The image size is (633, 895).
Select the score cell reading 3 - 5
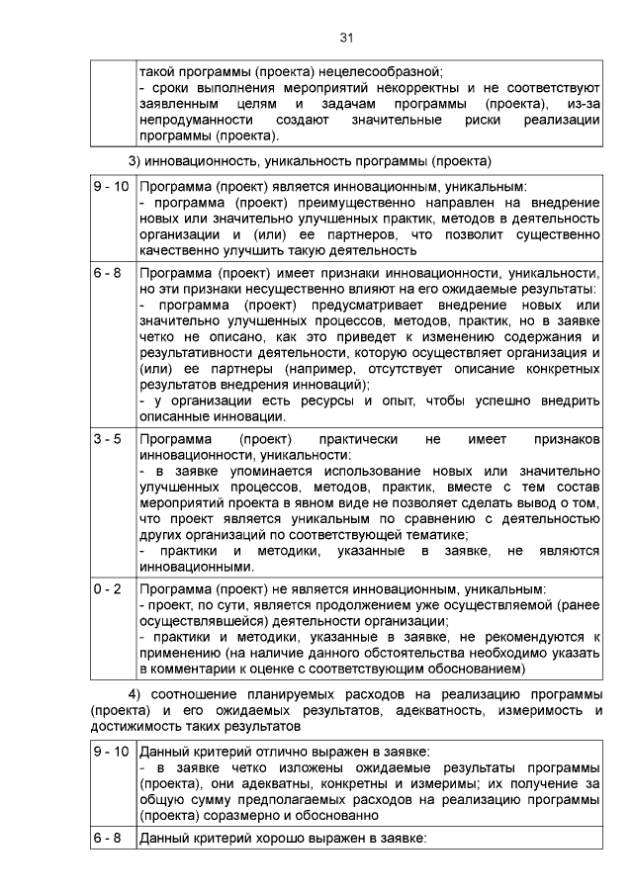(108, 438)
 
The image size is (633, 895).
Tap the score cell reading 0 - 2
(108, 588)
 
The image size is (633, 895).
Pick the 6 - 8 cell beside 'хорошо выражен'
(108, 839)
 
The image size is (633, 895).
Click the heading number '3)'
(137, 160)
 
